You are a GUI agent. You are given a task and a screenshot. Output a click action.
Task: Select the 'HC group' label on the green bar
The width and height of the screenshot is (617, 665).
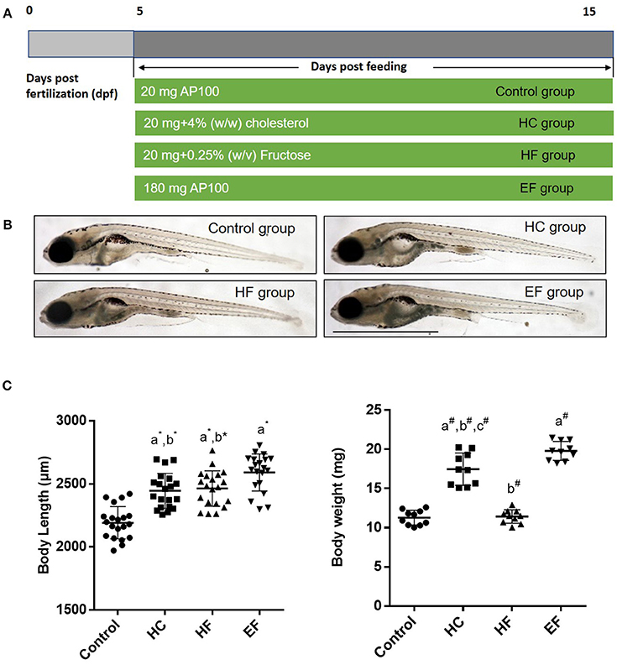(x=546, y=123)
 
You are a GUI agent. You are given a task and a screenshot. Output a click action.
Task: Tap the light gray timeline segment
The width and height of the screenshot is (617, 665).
(x=81, y=43)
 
